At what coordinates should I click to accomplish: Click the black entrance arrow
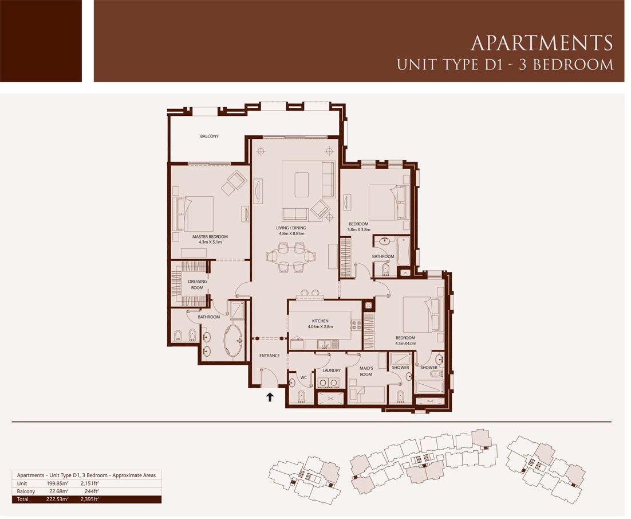click(270, 397)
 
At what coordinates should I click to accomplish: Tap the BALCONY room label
click(209, 136)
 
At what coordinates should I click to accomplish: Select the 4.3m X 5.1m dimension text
click(210, 242)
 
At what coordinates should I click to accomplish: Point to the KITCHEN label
click(320, 321)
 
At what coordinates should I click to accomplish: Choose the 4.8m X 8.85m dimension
click(292, 233)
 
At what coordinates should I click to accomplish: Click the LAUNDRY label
click(332, 370)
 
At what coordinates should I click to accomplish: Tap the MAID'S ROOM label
click(366, 371)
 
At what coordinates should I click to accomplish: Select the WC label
click(304, 377)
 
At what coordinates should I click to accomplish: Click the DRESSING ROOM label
click(197, 284)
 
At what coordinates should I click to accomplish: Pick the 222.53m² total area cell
click(58, 500)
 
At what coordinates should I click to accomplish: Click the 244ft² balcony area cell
click(92, 491)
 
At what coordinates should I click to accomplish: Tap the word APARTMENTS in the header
click(542, 42)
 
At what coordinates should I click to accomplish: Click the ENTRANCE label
click(270, 356)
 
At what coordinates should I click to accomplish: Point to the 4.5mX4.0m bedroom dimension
click(405, 344)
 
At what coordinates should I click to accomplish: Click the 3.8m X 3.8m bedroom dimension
click(359, 230)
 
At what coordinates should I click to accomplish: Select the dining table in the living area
click(290, 256)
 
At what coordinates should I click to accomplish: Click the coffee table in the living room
click(301, 185)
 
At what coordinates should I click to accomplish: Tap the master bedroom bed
click(194, 213)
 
